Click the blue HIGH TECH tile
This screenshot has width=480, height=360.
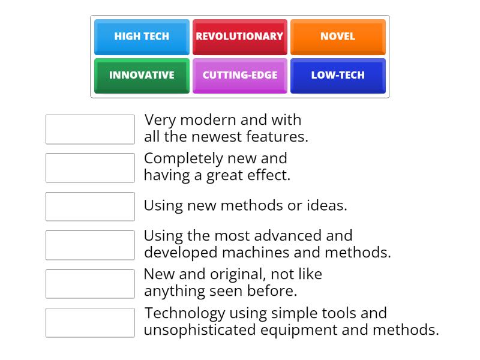(x=142, y=37)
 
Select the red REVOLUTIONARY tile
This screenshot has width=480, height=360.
(x=239, y=37)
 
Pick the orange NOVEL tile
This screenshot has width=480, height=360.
(x=338, y=37)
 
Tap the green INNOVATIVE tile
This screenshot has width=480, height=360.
(x=142, y=76)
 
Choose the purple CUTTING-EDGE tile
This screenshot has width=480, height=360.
(x=239, y=76)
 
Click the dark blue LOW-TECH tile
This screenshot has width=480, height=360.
(x=338, y=76)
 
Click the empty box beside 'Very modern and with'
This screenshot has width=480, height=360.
(x=90, y=130)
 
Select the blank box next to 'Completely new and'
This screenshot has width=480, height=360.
(x=90, y=168)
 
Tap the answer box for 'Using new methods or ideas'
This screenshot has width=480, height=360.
(x=90, y=206)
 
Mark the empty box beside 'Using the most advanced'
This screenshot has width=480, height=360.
(x=90, y=245)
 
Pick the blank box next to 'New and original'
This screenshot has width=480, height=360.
(x=90, y=284)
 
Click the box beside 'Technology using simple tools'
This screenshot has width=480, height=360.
(x=90, y=323)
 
